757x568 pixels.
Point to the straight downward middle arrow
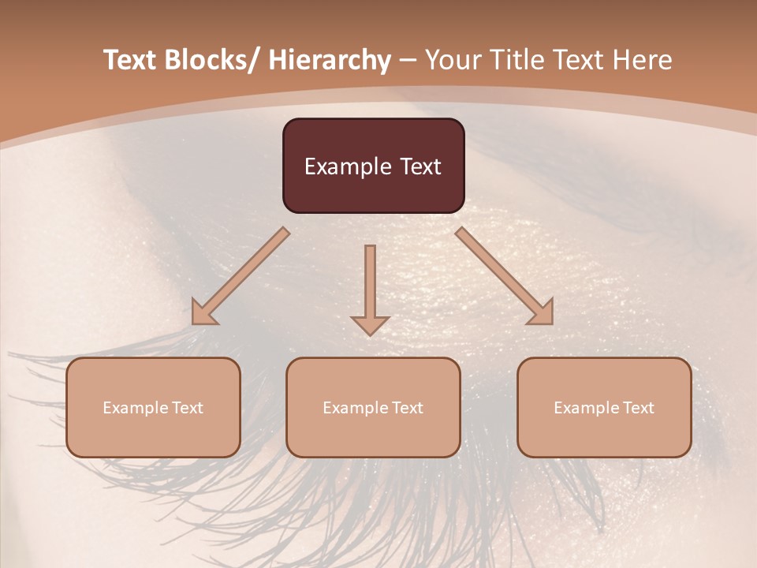(370, 284)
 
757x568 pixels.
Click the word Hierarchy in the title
(330, 60)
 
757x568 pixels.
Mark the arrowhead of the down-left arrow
(204, 312)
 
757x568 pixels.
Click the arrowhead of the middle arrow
(370, 324)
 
